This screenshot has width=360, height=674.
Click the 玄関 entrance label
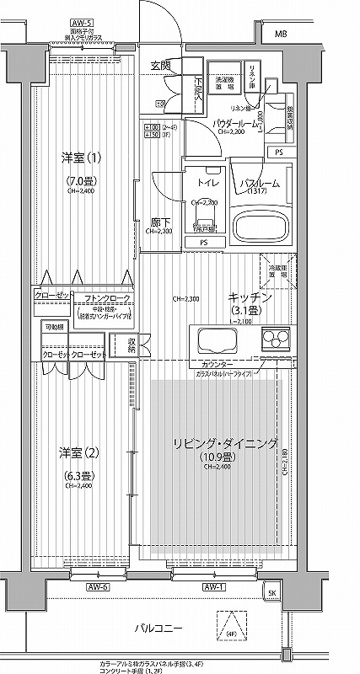161,66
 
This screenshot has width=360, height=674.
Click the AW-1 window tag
213,586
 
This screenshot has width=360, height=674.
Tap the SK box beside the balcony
271,593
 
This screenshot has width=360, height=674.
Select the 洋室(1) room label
74,158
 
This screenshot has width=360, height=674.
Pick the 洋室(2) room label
78,452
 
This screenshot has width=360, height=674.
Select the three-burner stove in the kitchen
274,340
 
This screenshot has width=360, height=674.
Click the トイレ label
207,181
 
